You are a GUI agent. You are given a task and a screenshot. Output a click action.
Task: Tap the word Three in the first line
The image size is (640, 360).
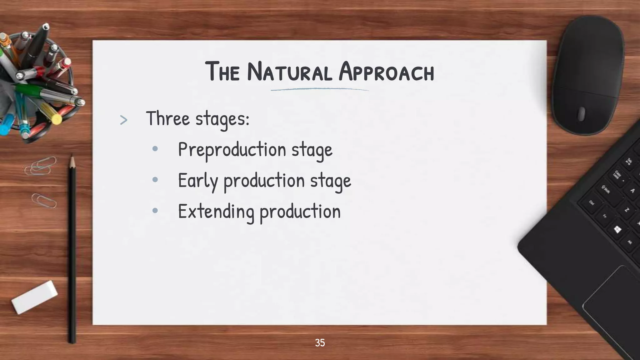point(168,119)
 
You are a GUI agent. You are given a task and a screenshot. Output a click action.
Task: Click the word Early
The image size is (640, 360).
point(197,181)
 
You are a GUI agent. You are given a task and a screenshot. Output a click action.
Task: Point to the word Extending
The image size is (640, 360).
point(216,212)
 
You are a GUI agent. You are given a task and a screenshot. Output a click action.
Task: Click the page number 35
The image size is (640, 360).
point(320,343)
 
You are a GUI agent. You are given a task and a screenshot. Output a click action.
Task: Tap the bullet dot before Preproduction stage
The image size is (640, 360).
point(155,149)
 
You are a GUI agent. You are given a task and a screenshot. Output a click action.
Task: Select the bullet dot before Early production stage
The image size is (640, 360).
point(155,180)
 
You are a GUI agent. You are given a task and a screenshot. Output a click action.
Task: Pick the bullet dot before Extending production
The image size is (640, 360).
point(155,211)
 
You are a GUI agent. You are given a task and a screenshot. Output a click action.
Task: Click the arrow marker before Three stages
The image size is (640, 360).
point(124,120)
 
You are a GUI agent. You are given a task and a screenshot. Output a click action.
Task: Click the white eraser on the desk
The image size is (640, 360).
point(34,297)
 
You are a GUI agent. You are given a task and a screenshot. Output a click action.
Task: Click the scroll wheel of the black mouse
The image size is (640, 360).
point(581,114)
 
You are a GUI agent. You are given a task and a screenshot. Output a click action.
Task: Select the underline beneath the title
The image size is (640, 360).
point(319,90)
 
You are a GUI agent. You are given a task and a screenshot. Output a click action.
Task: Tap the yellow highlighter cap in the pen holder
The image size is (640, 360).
point(57,119)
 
